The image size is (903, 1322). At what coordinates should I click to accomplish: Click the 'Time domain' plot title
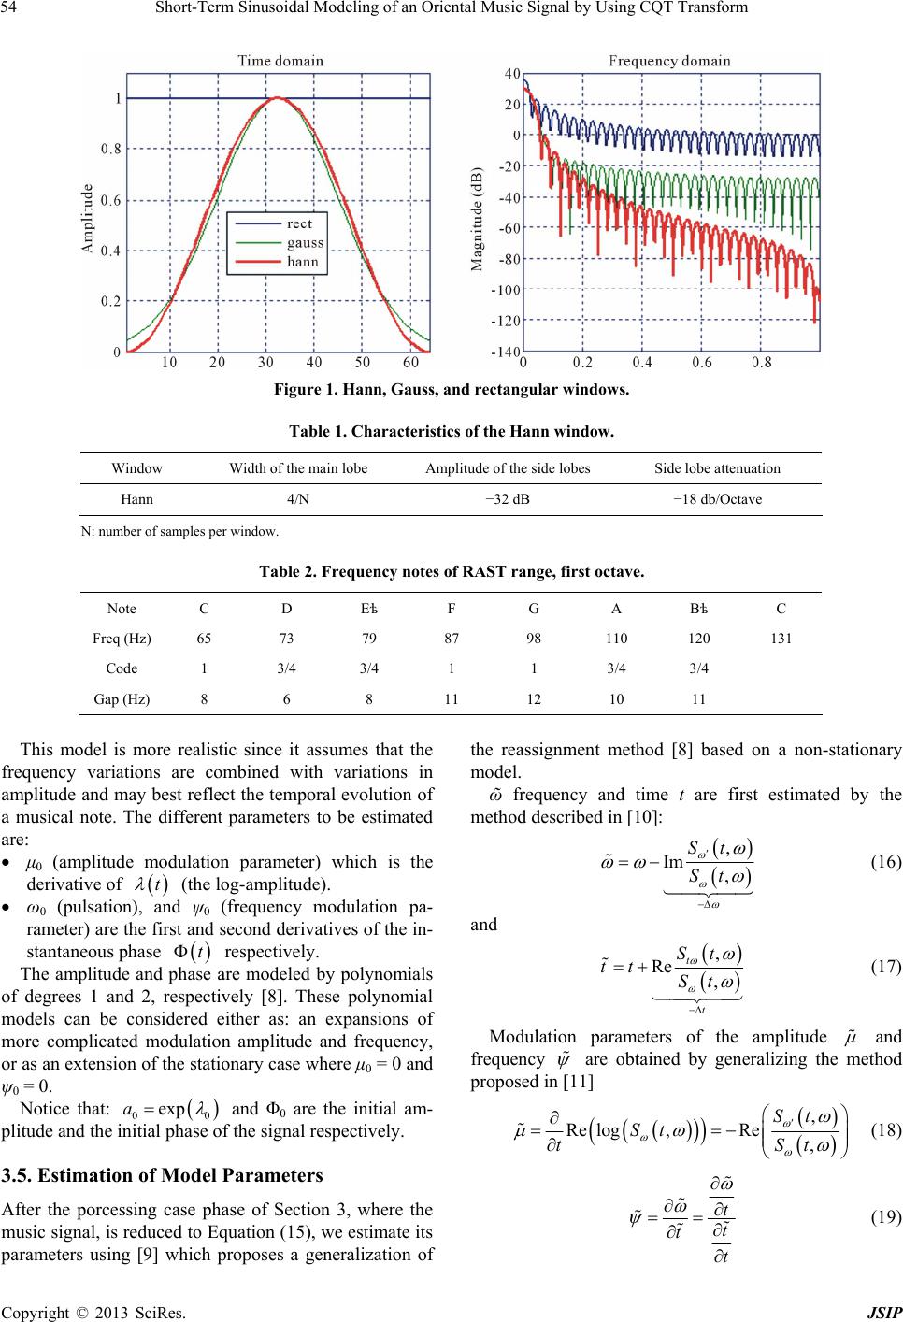coord(280,61)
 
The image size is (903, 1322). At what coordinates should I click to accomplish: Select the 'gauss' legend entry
coord(306,242)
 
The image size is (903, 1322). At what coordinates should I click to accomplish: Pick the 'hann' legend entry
coord(303,262)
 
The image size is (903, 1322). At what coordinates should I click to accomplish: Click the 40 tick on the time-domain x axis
coord(313,362)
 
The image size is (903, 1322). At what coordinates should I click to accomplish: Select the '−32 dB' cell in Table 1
coord(508,499)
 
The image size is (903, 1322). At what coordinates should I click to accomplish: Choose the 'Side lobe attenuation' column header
coord(717,467)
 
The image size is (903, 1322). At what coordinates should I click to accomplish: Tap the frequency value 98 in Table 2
coord(533,639)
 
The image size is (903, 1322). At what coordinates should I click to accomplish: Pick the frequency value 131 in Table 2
coord(781,639)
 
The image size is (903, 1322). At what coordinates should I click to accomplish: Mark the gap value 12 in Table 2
coord(533,698)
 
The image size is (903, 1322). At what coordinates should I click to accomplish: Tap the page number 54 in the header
coord(16,8)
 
